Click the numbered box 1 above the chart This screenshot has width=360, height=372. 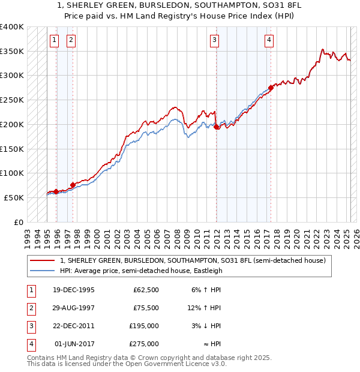[54, 40]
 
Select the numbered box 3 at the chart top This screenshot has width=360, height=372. [214, 40]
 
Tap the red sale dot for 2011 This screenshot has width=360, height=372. [217, 127]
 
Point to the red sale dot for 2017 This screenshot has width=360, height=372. [271, 88]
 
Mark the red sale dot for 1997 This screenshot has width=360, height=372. [73, 185]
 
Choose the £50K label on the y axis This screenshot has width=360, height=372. [14, 197]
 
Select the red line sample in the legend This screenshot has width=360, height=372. [43, 260]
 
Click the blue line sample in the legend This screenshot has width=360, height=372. [43, 271]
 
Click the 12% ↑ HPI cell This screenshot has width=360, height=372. [205, 308]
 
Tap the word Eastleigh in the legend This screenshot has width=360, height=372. [207, 271]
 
